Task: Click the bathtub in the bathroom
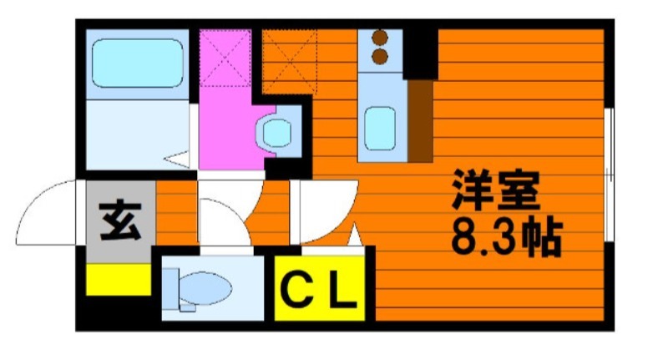point(138,63)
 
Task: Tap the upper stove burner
point(380,38)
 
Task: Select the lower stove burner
point(380,56)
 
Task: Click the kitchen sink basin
point(380,129)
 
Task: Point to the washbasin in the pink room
point(277,133)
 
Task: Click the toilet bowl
point(205,288)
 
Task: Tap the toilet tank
point(170,289)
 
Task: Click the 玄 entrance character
point(120,221)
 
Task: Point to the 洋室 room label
point(496,190)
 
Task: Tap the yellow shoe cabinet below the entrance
point(119,280)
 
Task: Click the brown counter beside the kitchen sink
point(421,121)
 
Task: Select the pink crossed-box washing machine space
point(225,58)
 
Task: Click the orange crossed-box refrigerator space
point(290,61)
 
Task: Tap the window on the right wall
point(610,175)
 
